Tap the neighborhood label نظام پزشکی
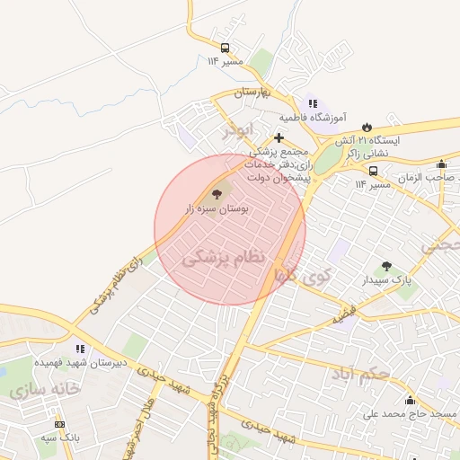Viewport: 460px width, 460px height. tap(225, 258)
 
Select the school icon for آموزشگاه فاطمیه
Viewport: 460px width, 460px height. tap(313, 103)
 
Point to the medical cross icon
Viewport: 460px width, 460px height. tap(279, 137)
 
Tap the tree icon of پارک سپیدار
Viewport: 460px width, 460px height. tap(387, 267)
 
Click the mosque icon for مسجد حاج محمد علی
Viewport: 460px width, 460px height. tap(410, 400)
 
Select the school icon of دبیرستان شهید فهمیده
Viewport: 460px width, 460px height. tap(80, 349)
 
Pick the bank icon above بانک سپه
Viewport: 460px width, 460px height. tap(60, 424)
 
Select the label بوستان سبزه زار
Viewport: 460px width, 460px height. tap(217, 208)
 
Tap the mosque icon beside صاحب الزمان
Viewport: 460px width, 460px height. tap(441, 164)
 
